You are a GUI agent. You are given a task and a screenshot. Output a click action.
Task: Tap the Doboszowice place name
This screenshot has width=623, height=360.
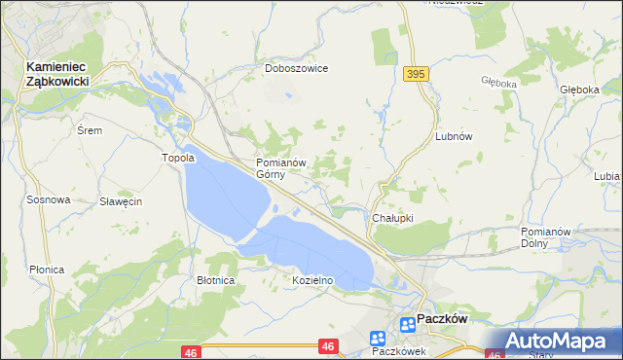pos(297,69)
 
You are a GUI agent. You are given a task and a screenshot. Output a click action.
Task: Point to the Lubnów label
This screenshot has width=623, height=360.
pos(454,137)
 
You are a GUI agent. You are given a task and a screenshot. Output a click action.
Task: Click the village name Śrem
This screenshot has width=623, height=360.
pos(90,129)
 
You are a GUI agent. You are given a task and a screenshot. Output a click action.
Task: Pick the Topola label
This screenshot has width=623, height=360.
pos(178,158)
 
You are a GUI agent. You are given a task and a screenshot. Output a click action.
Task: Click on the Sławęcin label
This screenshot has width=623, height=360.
pos(122,201)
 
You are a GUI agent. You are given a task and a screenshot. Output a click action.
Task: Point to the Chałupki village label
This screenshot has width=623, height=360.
pos(393,218)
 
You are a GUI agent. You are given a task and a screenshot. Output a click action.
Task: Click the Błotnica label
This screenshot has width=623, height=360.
pos(215,280)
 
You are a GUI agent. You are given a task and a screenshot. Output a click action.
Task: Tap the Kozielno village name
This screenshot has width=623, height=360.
pos(313,280)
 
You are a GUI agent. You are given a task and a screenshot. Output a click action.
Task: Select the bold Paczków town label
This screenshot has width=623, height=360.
pos(443,318)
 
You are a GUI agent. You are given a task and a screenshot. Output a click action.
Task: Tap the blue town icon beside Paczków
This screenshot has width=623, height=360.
pos(405,324)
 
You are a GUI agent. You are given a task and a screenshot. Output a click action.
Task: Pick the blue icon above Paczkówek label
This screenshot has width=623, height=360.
pos(379,337)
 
